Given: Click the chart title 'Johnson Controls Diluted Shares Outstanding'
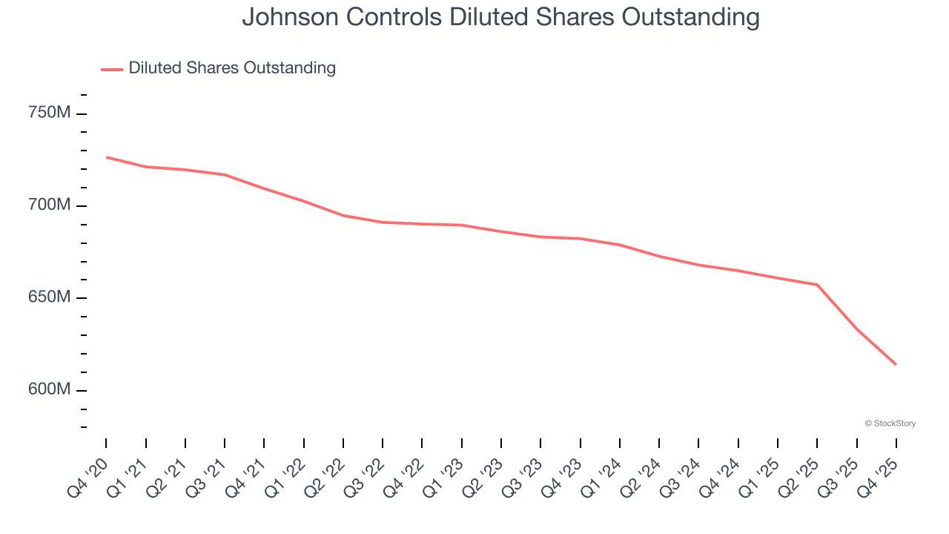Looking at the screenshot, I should pyautogui.click(x=500, y=17).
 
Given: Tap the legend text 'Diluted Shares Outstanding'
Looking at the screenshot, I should pyautogui.click(x=232, y=68).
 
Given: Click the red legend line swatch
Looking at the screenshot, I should pyautogui.click(x=112, y=69).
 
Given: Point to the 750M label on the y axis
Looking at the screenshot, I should pyautogui.click(x=49, y=113).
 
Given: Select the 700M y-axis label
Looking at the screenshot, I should pyautogui.click(x=49, y=205).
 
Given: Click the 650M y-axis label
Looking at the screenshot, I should pyautogui.click(x=49, y=297).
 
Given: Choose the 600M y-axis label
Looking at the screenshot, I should pyautogui.click(x=49, y=389).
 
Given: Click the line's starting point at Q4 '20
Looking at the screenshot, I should pyautogui.click(x=107, y=157).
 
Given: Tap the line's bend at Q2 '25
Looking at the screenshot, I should pyautogui.click(x=817, y=285).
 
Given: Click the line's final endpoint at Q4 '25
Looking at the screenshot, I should pyautogui.click(x=896, y=364).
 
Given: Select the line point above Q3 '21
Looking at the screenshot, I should pyautogui.click(x=225, y=175).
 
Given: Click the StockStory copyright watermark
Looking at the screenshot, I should pyautogui.click(x=890, y=423).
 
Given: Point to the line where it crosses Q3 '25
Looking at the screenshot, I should pyautogui.click(x=856, y=329).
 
